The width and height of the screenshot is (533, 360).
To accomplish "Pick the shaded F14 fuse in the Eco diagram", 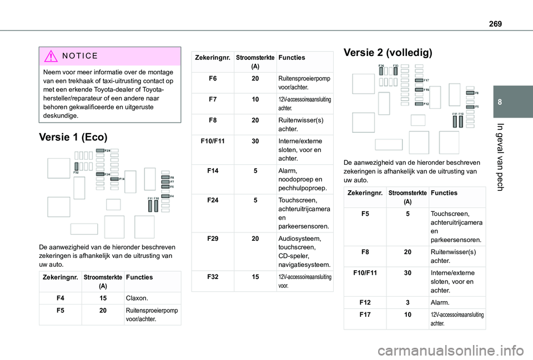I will (113, 179).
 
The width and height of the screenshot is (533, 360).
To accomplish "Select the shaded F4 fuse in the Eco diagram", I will (165, 196).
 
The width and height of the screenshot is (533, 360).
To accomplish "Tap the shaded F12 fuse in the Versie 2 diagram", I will (419, 104).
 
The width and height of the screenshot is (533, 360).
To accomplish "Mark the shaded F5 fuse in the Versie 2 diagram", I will (470, 105).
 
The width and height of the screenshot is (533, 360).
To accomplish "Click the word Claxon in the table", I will (137, 298).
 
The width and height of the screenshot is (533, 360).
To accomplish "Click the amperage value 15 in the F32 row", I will (254, 275).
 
